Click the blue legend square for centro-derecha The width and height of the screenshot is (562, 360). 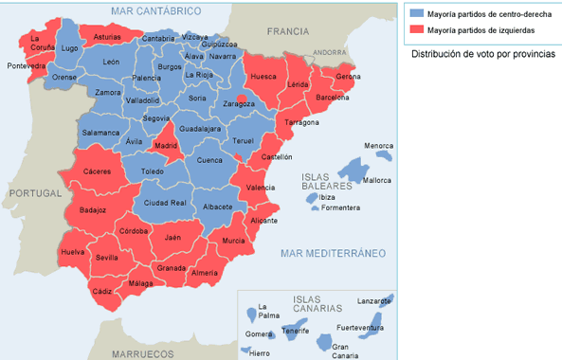pyautogui.click(x=417, y=14)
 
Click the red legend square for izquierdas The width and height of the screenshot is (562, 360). pyautogui.click(x=417, y=31)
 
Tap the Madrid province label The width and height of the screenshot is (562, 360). pyautogui.click(x=166, y=146)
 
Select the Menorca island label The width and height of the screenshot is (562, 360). pyautogui.click(x=379, y=146)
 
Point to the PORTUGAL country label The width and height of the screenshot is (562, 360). pyautogui.click(x=33, y=193)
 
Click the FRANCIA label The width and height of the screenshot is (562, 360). pyautogui.click(x=288, y=31)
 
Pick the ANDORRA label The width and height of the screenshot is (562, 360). pyautogui.click(x=331, y=52)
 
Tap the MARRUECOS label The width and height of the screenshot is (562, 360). pyautogui.click(x=143, y=352)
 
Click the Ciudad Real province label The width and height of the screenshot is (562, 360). pyautogui.click(x=165, y=203)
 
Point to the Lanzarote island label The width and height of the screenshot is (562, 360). pyautogui.click(x=373, y=300)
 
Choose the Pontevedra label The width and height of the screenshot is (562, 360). pyautogui.click(x=27, y=66)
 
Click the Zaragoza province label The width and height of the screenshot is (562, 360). pyautogui.click(x=239, y=103)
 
